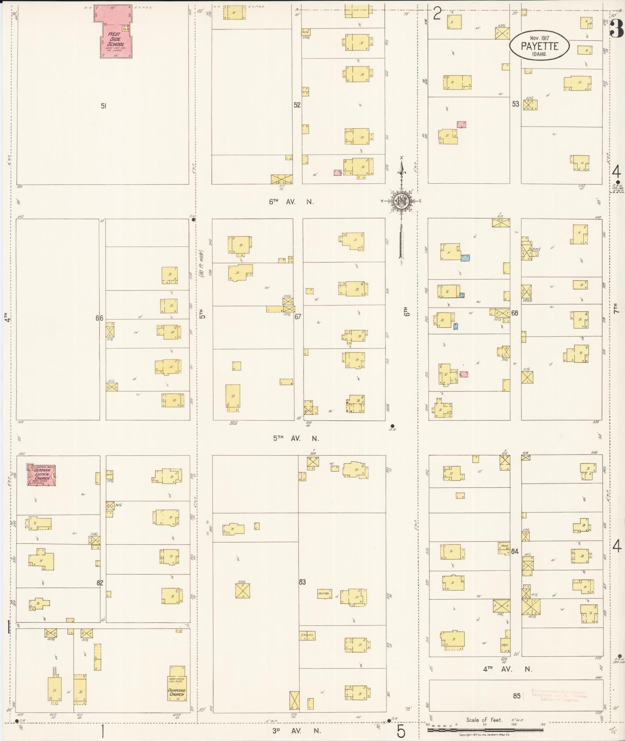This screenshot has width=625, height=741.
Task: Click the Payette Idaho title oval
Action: pyautogui.click(x=539, y=46)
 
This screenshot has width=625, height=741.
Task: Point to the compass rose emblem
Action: pyautogui.click(x=402, y=201)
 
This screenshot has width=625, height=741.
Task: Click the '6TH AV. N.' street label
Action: pyautogui.click(x=291, y=202)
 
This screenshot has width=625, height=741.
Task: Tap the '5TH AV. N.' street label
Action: pyautogui.click(x=296, y=438)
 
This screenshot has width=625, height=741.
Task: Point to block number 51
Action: pyautogui.click(x=103, y=106)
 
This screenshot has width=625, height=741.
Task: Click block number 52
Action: pyautogui.click(x=297, y=105)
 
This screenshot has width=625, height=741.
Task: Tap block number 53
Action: pyautogui.click(x=515, y=104)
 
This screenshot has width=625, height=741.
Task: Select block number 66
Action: pyautogui.click(x=100, y=318)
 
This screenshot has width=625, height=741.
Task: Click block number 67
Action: pyautogui.click(x=298, y=316)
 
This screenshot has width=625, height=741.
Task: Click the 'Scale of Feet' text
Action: pyautogui.click(x=484, y=720)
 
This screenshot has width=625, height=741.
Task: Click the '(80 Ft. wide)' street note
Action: pyautogui.click(x=202, y=264)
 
